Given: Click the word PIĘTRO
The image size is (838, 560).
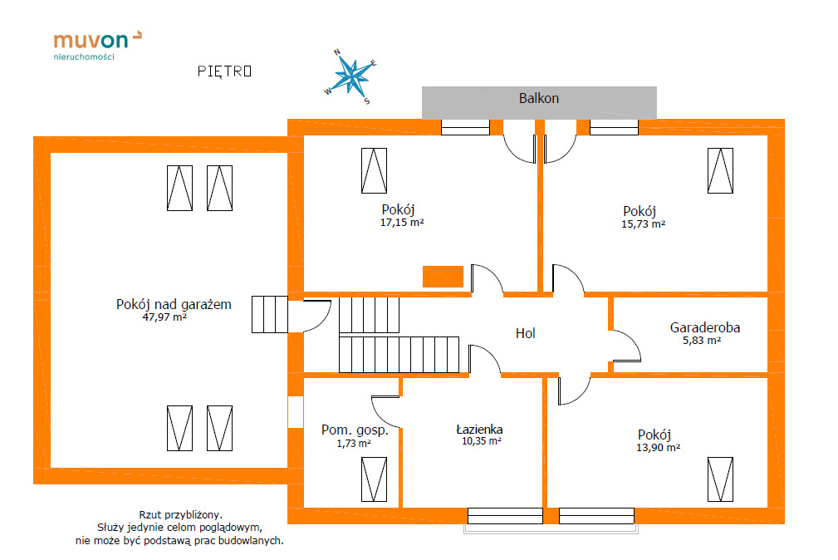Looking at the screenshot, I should (x=224, y=71).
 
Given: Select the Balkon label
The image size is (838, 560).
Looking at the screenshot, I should (x=539, y=98).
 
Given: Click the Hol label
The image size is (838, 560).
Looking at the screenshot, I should (x=525, y=333).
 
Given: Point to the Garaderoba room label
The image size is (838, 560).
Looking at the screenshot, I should (x=705, y=327).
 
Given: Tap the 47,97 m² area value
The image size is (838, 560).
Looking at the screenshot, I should (x=164, y=317).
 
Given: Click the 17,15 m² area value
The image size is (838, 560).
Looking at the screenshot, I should (x=402, y=222).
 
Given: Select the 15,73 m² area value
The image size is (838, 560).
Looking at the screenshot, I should (x=644, y=224).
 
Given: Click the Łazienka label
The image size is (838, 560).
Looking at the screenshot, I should (x=479, y=430).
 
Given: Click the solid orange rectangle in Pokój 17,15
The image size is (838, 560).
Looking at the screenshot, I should (x=443, y=277).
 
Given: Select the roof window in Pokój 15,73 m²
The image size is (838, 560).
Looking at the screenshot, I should (x=721, y=169).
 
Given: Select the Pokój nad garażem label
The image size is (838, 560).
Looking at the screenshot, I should (x=174, y=304).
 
